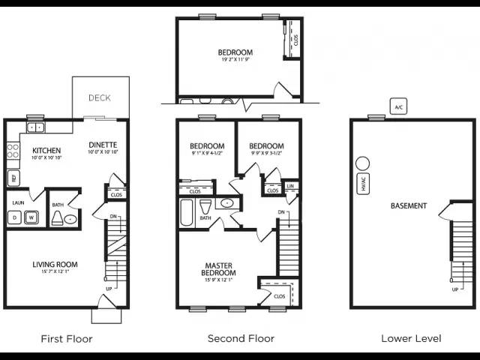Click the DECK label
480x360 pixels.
pos(100,97)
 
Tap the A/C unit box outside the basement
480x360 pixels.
pos(398,107)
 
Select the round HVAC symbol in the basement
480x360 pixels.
pos(362,163)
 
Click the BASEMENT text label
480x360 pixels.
pos(409,205)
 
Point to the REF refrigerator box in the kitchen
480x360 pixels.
pos(13,178)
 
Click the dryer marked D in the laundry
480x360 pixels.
pos(14,217)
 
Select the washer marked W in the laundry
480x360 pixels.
pos(31,217)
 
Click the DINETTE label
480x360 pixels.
pos(102,145)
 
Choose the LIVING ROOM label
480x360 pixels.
pos(55,264)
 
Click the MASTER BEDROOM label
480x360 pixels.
pos(218,268)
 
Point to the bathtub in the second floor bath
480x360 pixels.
pos(187,214)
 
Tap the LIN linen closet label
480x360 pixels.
pos(290,186)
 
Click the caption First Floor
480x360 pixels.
pos(67,339)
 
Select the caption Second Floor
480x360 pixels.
pos(241,339)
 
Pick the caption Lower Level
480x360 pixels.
pos(411,339)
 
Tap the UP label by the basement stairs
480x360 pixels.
pos(455,289)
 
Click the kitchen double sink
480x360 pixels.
pos(34,127)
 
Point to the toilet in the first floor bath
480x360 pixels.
pos(57,218)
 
